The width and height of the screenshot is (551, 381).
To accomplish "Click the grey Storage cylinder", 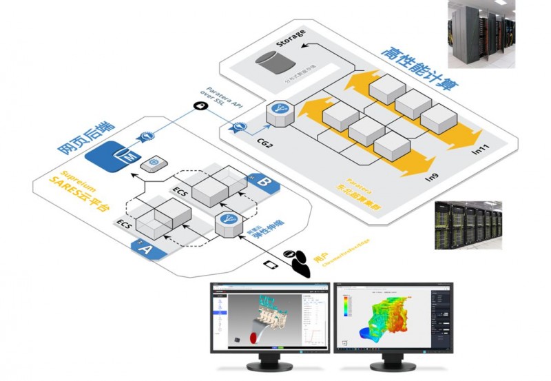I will (271, 65).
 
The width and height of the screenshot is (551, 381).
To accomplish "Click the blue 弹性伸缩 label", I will (256, 235).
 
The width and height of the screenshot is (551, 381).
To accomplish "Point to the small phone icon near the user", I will (271, 263).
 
